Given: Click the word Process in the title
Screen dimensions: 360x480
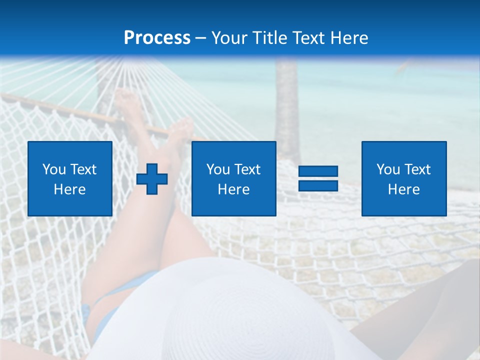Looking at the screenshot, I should pos(157,38).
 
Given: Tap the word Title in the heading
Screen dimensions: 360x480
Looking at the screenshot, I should pos(271,38).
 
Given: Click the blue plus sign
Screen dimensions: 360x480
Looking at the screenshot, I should pos(152,178).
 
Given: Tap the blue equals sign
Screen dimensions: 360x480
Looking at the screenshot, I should pos(318,178).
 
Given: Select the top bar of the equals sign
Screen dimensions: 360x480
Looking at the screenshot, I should pos(318,171).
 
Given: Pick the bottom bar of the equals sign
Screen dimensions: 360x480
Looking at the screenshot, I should pos(318,185).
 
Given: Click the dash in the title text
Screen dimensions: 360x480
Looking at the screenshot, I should pos(201,38).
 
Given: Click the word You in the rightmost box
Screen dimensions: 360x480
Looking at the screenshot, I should pos(388,169).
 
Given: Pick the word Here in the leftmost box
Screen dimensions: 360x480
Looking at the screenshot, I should pos(69,189).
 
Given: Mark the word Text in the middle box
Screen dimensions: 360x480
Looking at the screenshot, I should pos(247,169).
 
